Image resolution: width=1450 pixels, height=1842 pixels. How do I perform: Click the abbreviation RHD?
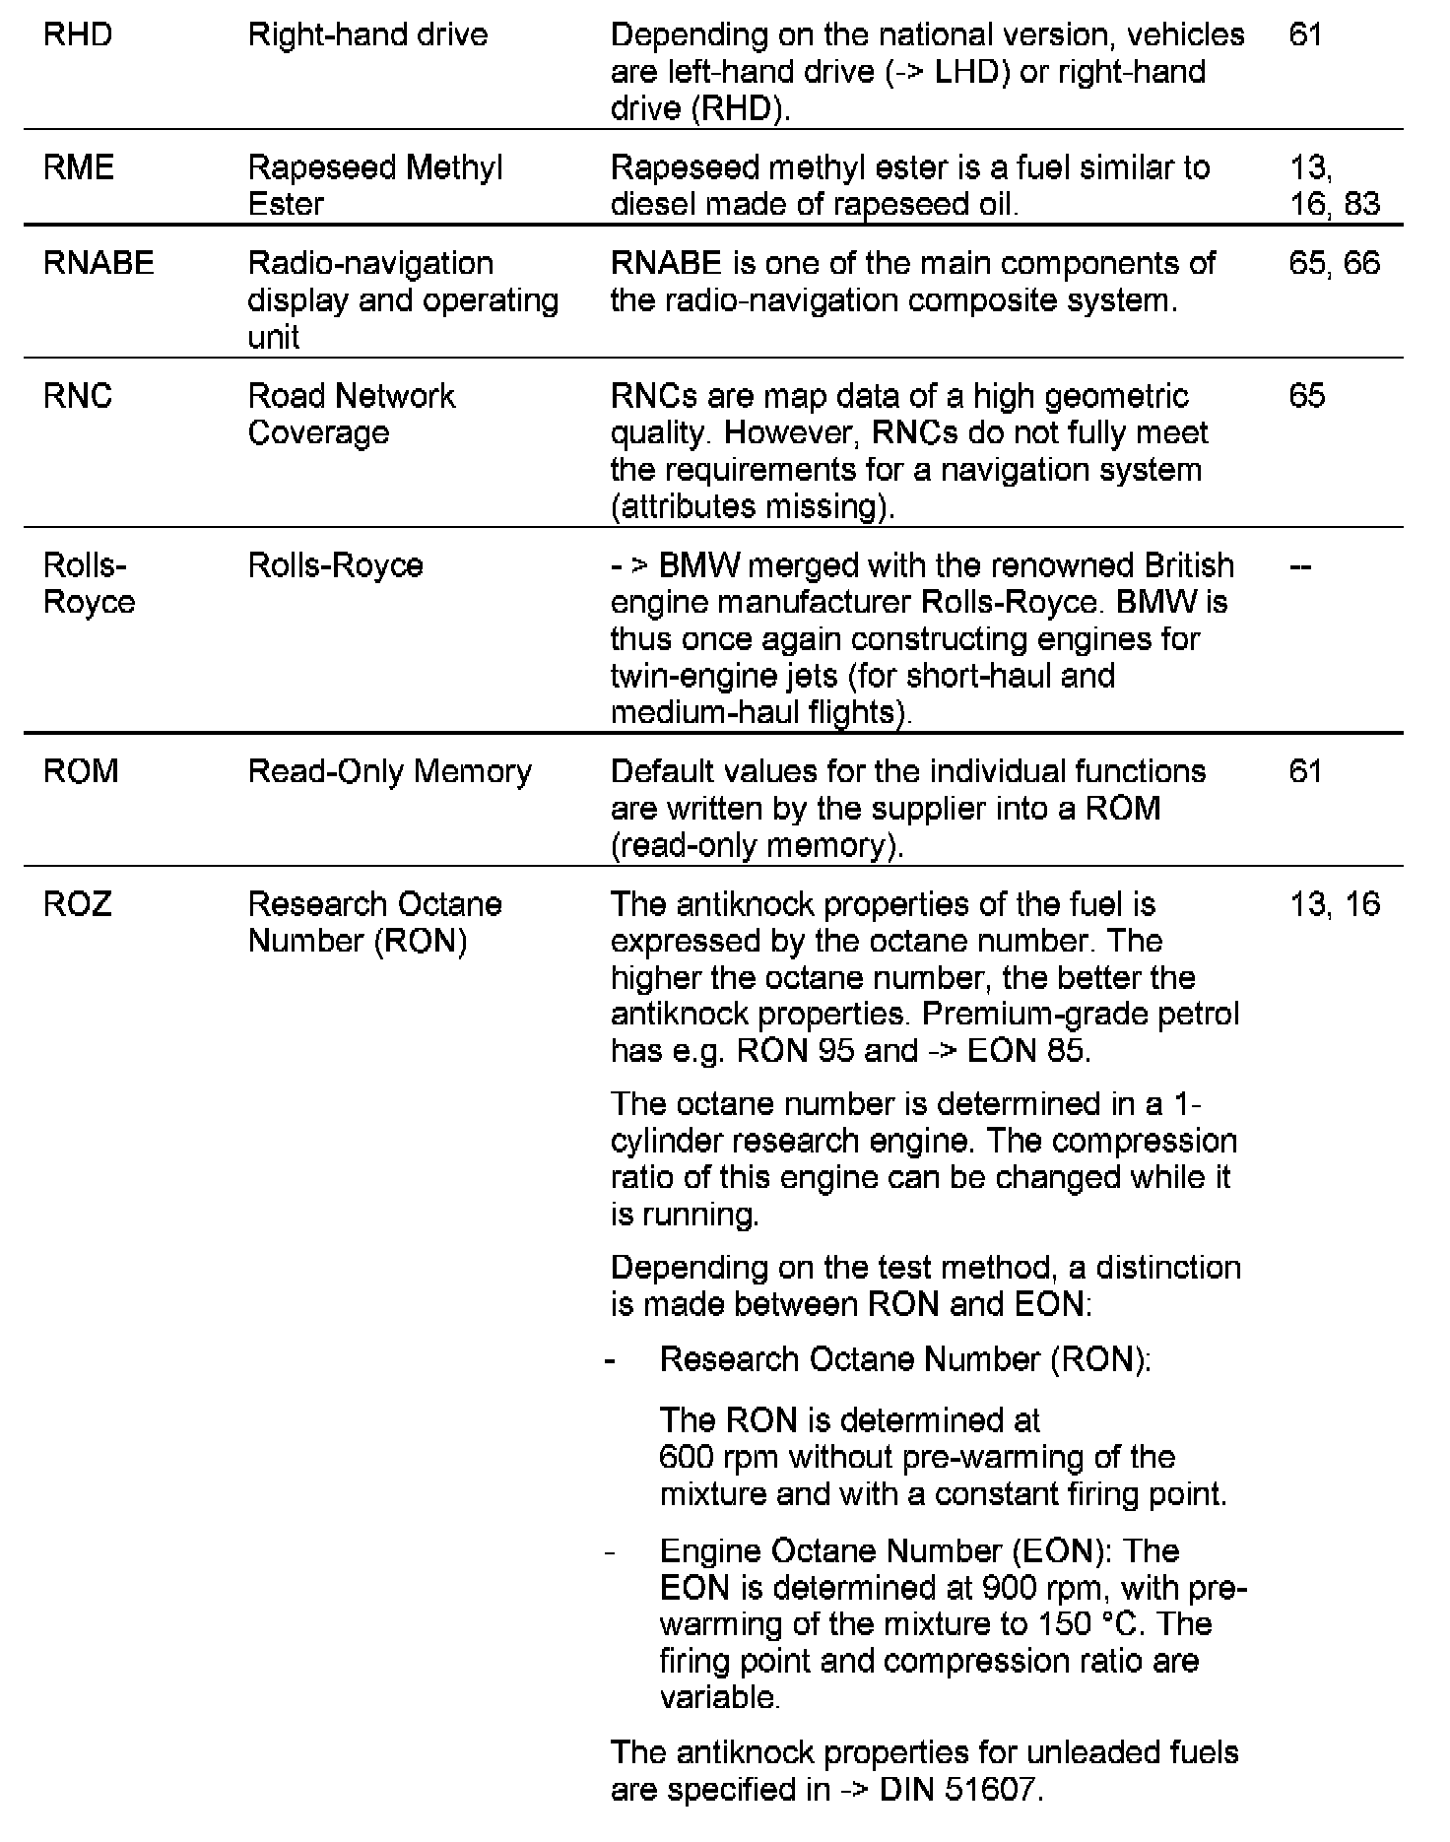click(78, 35)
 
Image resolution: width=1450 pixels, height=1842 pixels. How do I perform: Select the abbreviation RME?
click(79, 167)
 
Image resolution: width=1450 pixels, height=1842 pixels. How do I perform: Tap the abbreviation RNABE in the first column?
click(99, 263)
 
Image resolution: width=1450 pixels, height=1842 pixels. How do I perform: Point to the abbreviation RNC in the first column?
click(78, 396)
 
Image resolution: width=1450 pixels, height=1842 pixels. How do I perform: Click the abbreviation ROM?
click(81, 771)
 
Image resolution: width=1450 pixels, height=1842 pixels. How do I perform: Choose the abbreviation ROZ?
click(78, 904)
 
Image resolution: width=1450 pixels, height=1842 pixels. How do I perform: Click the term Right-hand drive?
click(367, 35)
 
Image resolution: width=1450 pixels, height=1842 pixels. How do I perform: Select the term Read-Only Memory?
click(389, 771)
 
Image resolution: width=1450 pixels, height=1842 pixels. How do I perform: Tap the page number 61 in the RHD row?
click(1305, 35)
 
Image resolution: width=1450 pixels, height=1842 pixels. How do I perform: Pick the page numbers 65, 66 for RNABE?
click(1334, 263)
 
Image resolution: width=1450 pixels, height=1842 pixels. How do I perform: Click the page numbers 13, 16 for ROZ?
click(1335, 904)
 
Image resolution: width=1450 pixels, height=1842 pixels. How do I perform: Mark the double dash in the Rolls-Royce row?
click(1300, 566)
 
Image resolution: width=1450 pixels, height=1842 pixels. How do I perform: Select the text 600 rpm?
click(719, 1457)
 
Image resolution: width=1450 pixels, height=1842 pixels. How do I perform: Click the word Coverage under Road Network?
click(318, 432)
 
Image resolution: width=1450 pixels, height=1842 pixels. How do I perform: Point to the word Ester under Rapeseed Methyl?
click(286, 204)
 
